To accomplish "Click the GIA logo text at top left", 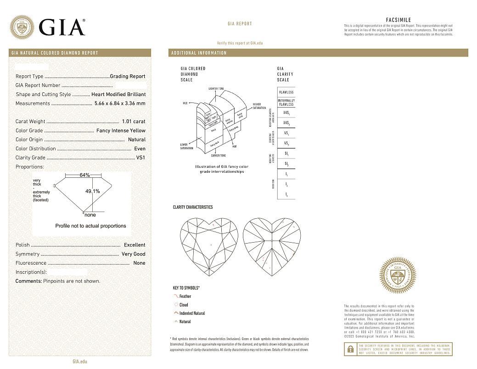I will coord(62,28).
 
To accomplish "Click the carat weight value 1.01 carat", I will coord(134,122).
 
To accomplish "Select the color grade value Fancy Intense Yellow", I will coord(121,131).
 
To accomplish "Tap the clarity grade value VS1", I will coord(140,158).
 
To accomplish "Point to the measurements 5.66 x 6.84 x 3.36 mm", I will coord(120,103).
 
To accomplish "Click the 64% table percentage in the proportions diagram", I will coord(84,175).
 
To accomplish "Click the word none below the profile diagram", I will coord(90,215).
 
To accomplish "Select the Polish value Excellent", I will coord(135,245).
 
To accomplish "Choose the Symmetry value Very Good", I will coord(133,254).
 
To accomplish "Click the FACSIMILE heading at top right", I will coord(398,20).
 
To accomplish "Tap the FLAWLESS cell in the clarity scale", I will coord(286,92).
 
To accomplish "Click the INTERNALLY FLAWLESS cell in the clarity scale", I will coord(286,102).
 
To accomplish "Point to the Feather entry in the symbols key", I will coord(185,296).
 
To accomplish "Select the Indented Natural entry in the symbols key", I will coord(192,313).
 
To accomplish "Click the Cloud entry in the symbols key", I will coord(184,305).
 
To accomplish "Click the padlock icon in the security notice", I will coord(350,349).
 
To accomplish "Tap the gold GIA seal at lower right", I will coord(398,276).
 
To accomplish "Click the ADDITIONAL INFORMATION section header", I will coord(199,53).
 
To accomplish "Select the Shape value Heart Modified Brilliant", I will coord(118,95).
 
